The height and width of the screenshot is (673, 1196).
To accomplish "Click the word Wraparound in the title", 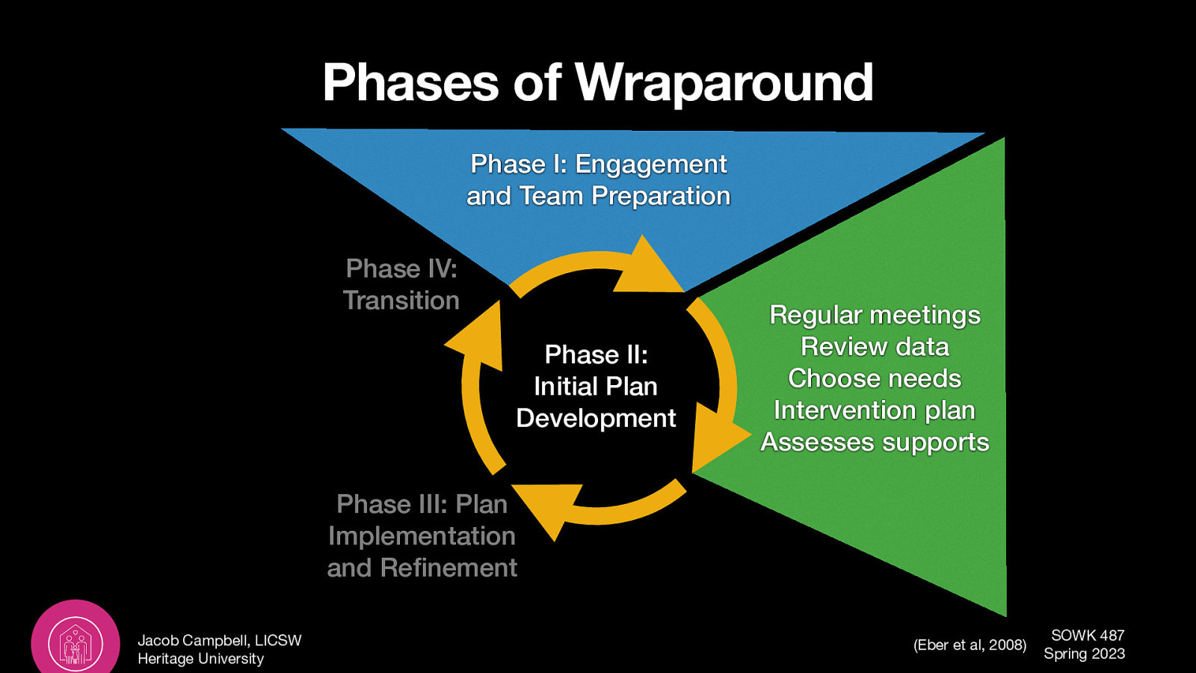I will click(724, 82).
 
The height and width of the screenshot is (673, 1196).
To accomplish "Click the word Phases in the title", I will click(410, 82).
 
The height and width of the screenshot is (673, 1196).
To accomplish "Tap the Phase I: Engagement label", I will click(598, 164).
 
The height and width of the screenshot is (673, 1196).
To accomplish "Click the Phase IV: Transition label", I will click(401, 284).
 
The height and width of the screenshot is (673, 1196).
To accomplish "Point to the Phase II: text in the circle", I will click(596, 354).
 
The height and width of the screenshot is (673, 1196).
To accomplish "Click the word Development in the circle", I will click(596, 418).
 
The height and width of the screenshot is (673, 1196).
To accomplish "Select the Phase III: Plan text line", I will click(422, 504).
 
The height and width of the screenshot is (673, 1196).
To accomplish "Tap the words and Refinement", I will click(422, 568).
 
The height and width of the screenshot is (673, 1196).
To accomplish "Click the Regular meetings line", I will click(875, 315).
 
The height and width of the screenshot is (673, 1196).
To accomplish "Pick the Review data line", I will click(875, 347).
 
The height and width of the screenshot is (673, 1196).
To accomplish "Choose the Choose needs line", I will click(875, 378).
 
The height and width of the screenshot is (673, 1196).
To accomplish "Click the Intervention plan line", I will click(875, 411).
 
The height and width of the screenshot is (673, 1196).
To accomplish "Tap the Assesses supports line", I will click(875, 442).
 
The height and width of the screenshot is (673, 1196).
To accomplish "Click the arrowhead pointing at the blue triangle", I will click(647, 269).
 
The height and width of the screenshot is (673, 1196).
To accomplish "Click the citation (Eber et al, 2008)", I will click(970, 645).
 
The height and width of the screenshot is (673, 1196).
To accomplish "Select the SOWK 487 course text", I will click(1087, 635).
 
